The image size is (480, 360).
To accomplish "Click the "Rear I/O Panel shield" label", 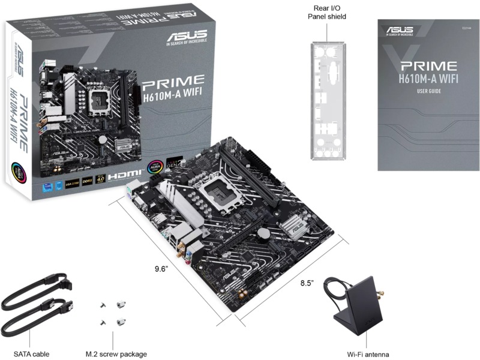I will tap(327, 12).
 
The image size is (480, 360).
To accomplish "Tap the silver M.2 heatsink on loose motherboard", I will tap(294, 227).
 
